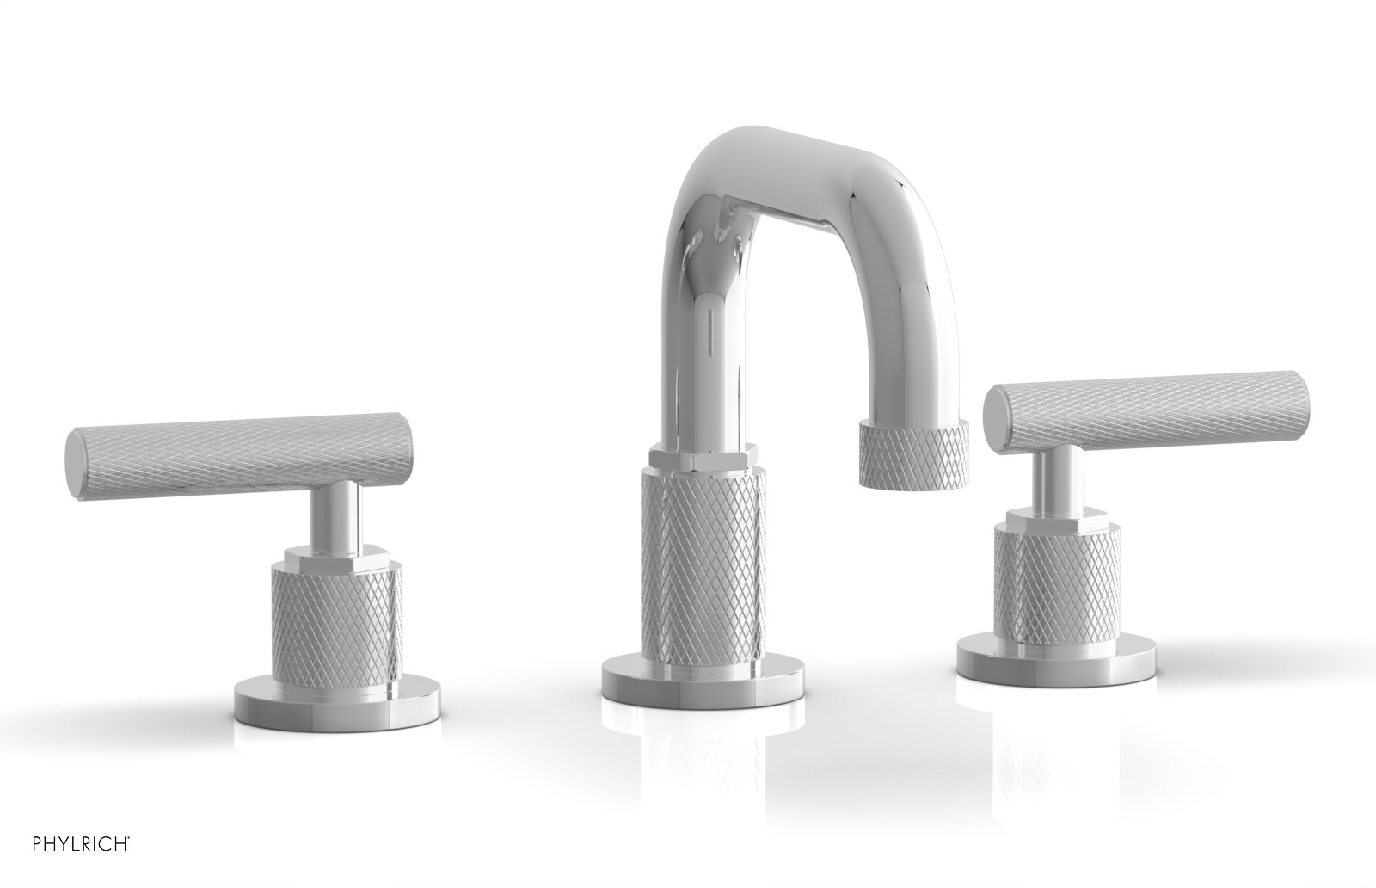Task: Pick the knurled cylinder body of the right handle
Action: pyautogui.click(x=1057, y=581)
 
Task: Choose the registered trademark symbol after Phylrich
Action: pyautogui.click(x=130, y=858)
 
